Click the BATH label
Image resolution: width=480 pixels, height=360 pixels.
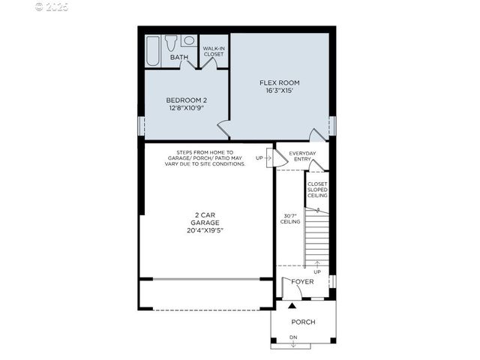point(179,57)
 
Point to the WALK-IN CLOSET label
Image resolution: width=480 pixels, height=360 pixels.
point(214,51)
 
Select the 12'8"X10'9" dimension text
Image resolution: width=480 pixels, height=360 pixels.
point(186,108)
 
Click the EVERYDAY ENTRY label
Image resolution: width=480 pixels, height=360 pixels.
point(303,156)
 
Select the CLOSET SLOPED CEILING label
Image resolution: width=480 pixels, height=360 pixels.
point(317,190)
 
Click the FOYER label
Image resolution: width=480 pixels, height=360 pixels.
point(302,282)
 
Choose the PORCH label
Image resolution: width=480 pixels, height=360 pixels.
point(303,322)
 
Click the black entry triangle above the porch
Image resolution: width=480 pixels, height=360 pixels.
point(292,306)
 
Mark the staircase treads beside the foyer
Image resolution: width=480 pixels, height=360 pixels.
point(316,236)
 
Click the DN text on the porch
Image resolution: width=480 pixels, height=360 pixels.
point(293,337)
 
